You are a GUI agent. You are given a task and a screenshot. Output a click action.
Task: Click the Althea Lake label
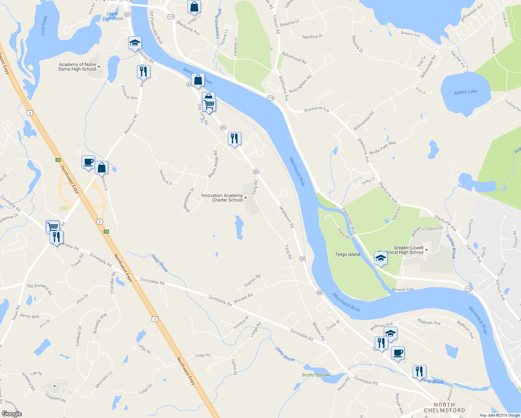tap(466, 92)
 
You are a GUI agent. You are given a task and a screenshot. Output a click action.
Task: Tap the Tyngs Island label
tap(348, 254)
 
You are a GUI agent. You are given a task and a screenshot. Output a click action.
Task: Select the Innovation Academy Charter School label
tap(222, 198)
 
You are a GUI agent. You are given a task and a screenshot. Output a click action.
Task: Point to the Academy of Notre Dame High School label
tap(77, 67)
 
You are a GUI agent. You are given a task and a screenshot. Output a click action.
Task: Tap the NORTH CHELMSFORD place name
tap(444, 408)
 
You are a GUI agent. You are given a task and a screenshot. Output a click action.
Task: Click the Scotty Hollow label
tap(316, 375)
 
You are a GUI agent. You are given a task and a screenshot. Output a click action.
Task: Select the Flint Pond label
tap(44, 25)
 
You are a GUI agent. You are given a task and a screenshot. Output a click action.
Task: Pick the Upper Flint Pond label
tap(112, 16)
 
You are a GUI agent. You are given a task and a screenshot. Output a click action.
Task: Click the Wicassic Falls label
tap(403, 289)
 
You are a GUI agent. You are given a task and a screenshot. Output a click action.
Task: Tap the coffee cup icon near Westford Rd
tap(88, 162)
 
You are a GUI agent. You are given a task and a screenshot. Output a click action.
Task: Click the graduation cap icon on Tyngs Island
tap(380, 258)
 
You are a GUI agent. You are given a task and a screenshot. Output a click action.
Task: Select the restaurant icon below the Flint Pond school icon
tap(143, 72)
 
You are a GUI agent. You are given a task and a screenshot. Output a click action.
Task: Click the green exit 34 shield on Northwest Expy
tap(58, 160)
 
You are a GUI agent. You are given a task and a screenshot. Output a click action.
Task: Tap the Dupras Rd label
tap(252, 281)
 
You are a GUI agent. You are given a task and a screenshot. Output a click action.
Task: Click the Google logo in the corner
tap(11, 413)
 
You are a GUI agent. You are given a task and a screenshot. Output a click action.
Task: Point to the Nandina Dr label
tap(312, 37)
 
